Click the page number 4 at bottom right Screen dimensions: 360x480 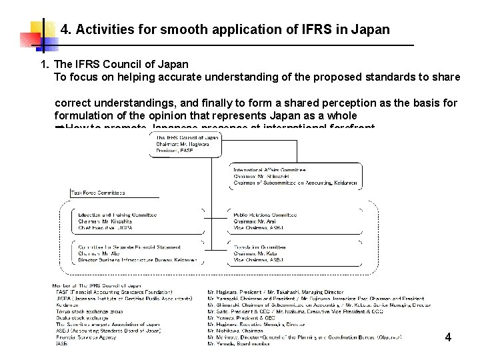coord(448,338)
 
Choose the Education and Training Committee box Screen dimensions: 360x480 coord(117,221)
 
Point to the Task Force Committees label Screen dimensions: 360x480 coord(98,193)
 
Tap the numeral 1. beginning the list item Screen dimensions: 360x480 coord(45,65)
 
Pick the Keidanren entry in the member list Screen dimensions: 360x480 coord(66,305)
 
